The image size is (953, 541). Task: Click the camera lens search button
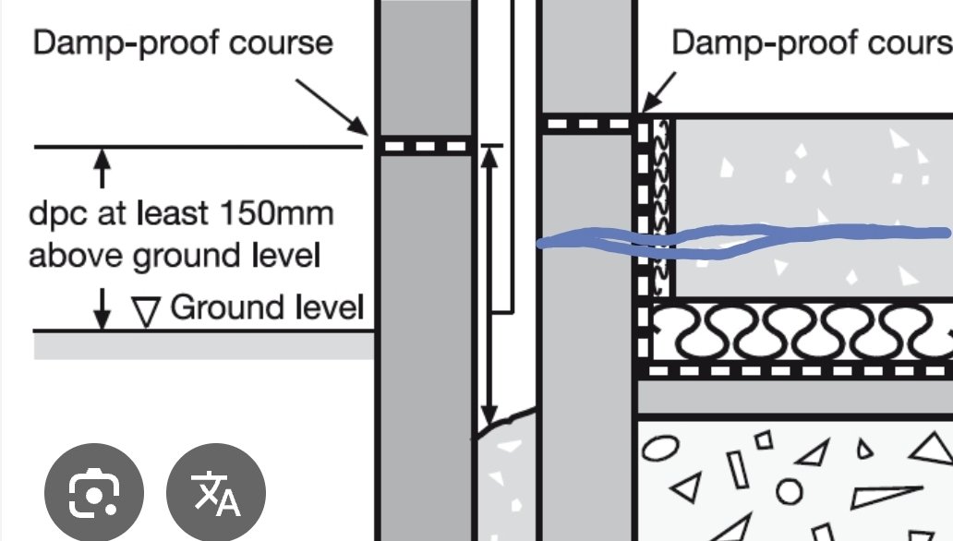94,492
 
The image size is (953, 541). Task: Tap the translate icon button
216,492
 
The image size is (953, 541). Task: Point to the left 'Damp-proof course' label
183,43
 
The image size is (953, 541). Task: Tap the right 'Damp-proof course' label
812,42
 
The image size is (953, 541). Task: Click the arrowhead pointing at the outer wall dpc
358,126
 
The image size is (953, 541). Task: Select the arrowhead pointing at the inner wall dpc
649,103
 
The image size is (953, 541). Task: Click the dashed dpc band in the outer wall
426,146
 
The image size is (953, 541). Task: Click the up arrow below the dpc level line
103,168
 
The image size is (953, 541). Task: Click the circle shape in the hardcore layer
790,491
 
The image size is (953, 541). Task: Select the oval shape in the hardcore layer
660,448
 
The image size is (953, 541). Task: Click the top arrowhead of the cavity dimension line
489,157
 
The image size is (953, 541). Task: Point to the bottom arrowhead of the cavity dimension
489,415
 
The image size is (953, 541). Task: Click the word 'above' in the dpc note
78,256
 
